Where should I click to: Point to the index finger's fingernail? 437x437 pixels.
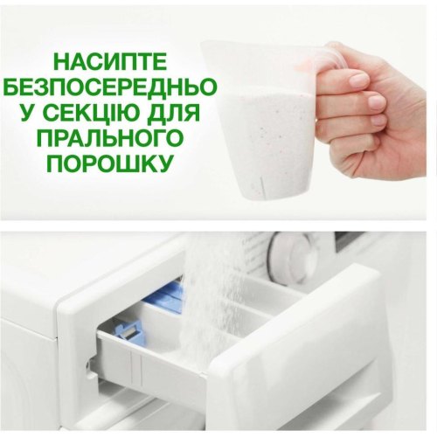click(x=357, y=81)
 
